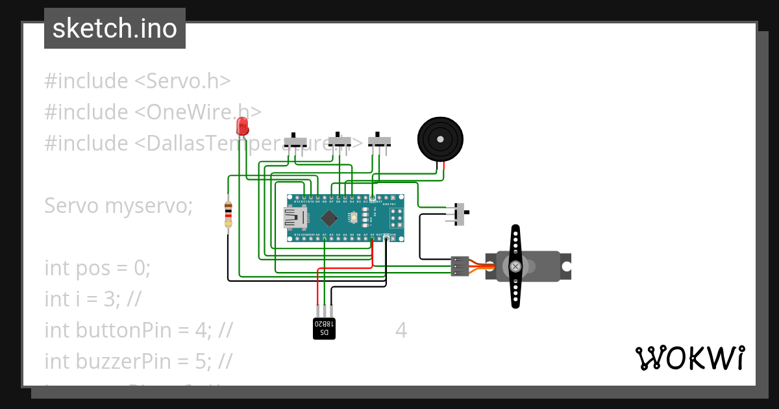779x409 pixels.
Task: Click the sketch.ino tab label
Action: pyautogui.click(x=114, y=29)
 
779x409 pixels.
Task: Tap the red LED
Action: pyautogui.click(x=242, y=126)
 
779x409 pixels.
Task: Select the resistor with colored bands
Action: pyautogui.click(x=228, y=214)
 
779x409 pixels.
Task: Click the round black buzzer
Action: pyautogui.click(x=440, y=140)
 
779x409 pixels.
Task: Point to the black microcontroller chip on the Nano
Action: pyautogui.click(x=330, y=218)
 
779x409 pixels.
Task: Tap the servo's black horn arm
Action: pyautogui.click(x=515, y=266)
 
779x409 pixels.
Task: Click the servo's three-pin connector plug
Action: pyautogui.click(x=460, y=266)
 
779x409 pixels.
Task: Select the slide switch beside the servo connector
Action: pyautogui.click(x=460, y=214)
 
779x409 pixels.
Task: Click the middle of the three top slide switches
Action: pyautogui.click(x=339, y=140)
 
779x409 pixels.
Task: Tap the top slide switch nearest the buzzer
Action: pyautogui.click(x=379, y=140)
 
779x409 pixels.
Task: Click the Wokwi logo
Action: pyautogui.click(x=689, y=358)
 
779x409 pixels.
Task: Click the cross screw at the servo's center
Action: pyautogui.click(x=515, y=266)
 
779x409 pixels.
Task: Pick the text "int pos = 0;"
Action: pyautogui.click(x=97, y=267)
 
